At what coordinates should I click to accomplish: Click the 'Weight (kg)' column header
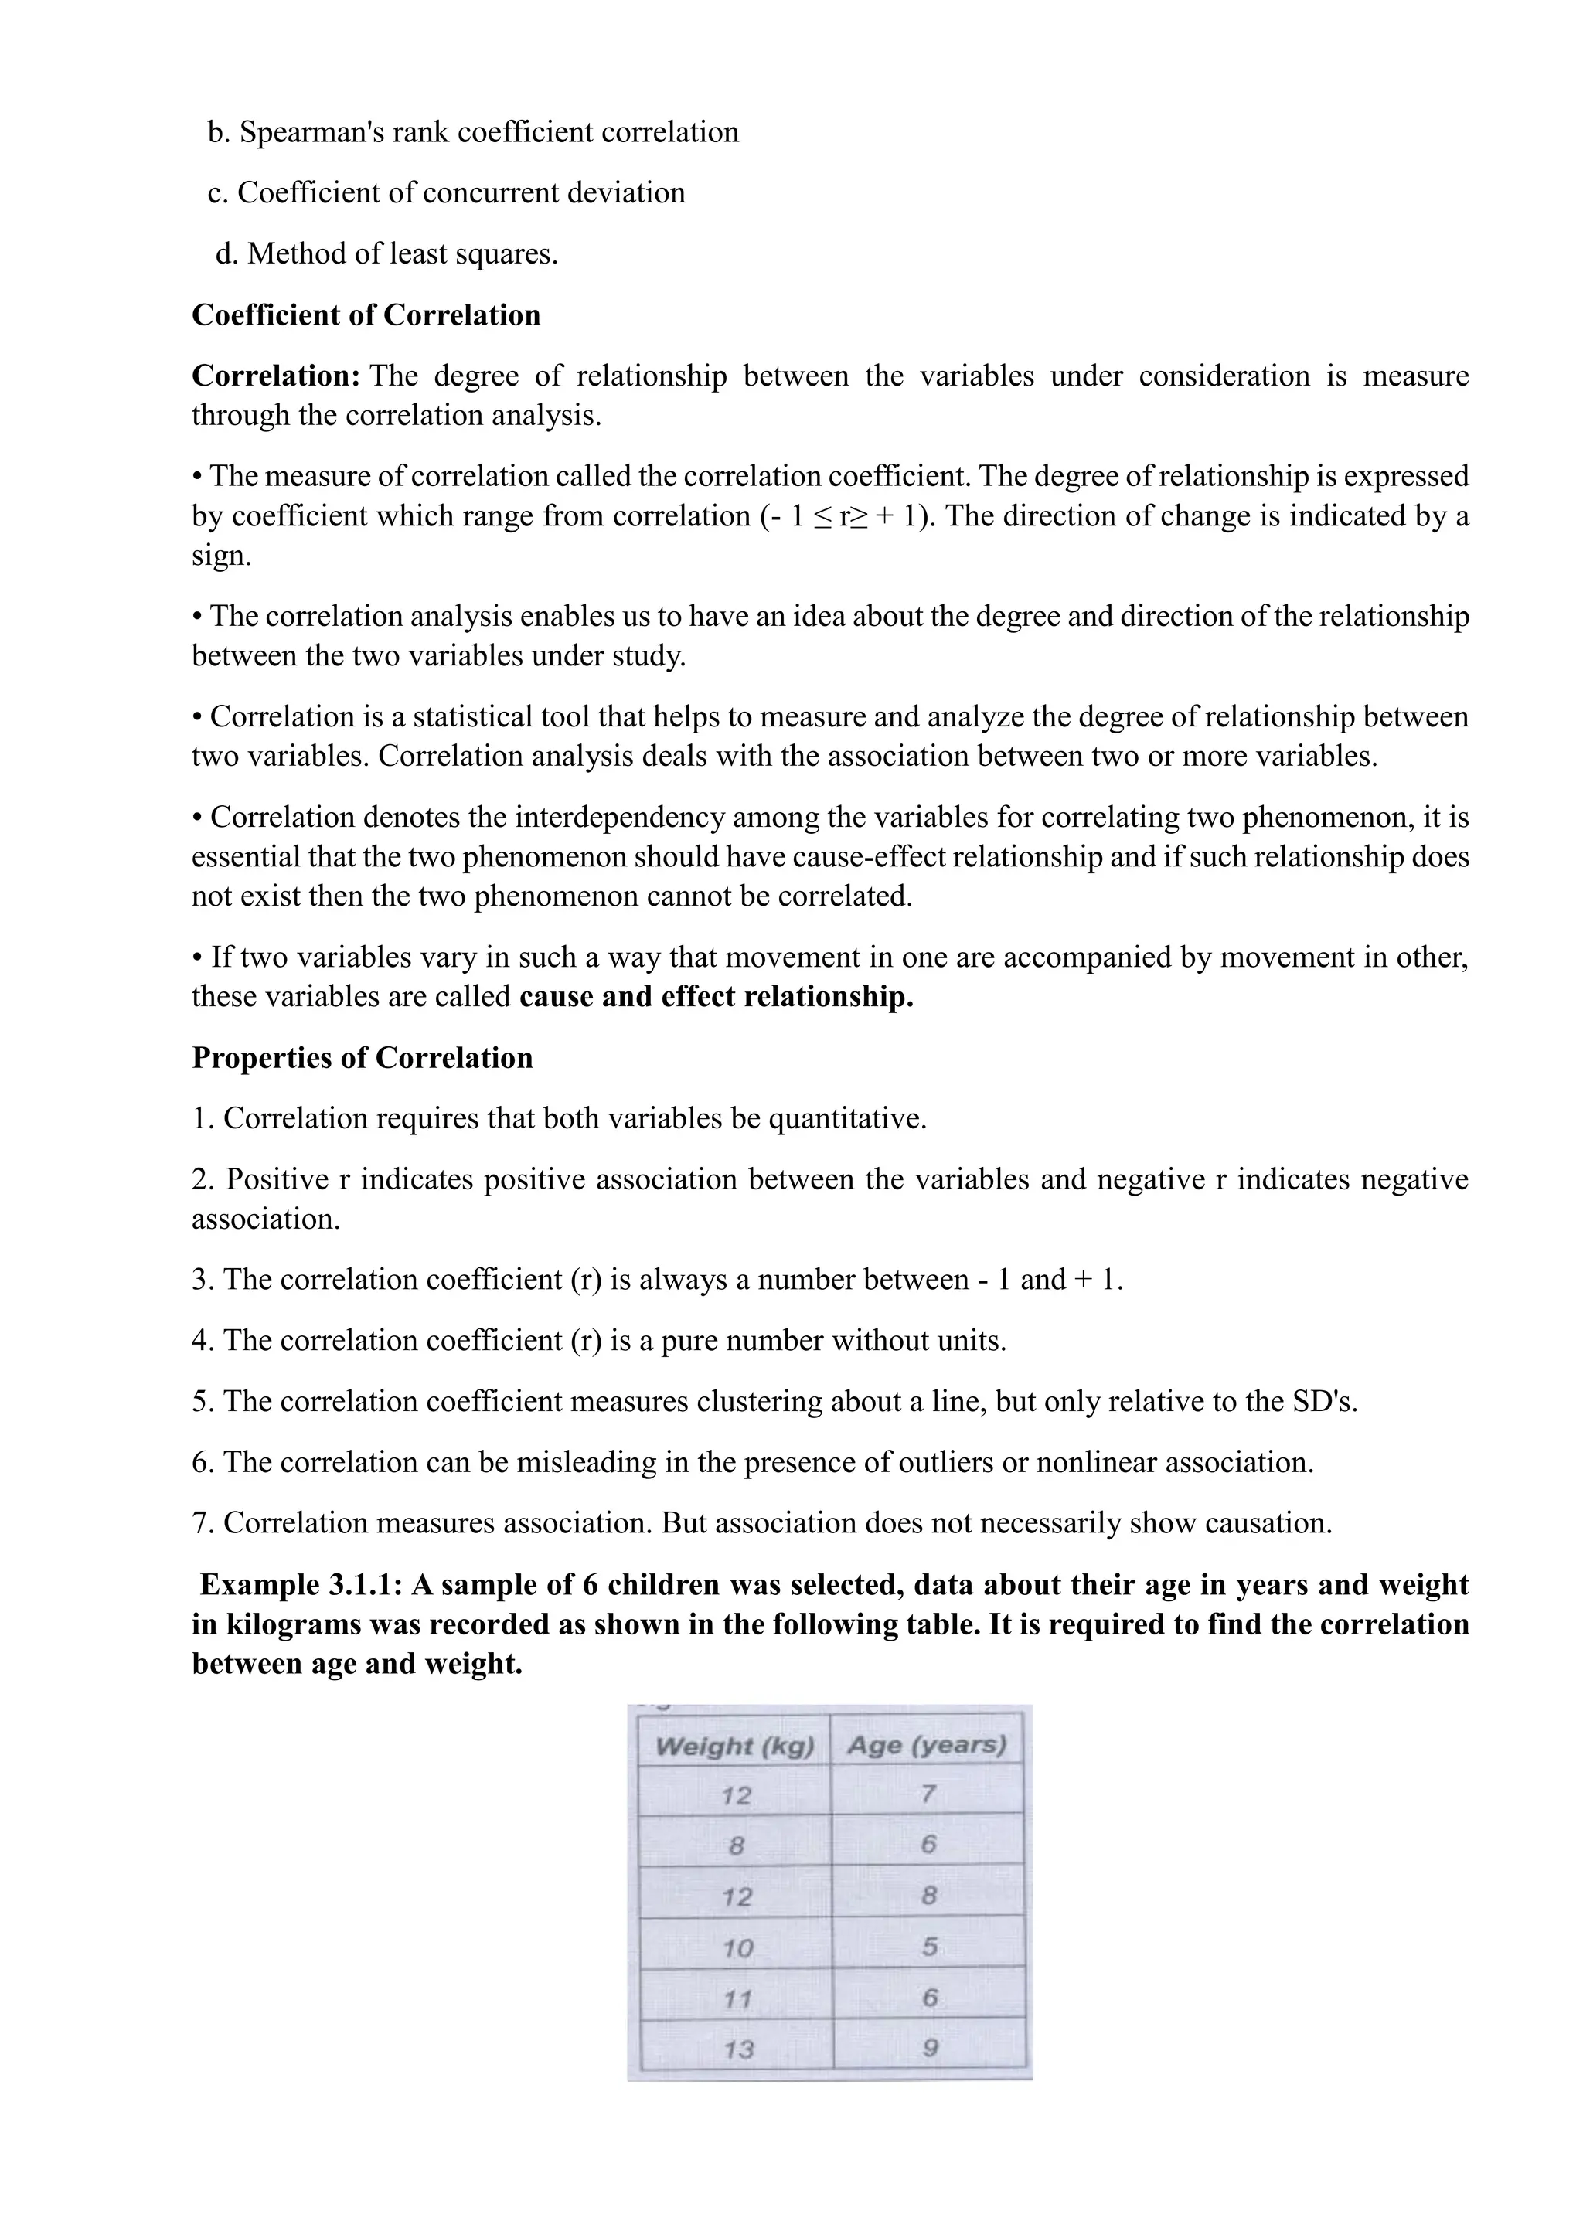click(x=735, y=1746)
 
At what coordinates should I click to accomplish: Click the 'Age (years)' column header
click(x=927, y=1745)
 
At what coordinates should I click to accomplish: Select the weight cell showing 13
click(x=738, y=2049)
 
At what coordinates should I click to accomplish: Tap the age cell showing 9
click(x=930, y=2048)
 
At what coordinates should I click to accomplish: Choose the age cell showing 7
click(x=928, y=1794)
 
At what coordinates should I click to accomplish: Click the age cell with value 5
click(x=930, y=1947)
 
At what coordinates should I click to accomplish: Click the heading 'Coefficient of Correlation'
click(x=366, y=315)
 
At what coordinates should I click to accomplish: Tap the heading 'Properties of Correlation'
click(x=362, y=1058)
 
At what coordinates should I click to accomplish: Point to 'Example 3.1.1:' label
click(x=301, y=1585)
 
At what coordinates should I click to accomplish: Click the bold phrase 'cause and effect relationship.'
click(x=717, y=997)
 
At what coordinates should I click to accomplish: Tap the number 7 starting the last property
click(x=201, y=1523)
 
